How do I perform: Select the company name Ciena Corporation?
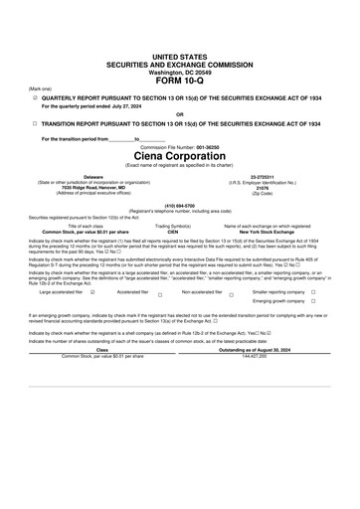click(180, 156)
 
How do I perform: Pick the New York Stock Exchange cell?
click(275, 232)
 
